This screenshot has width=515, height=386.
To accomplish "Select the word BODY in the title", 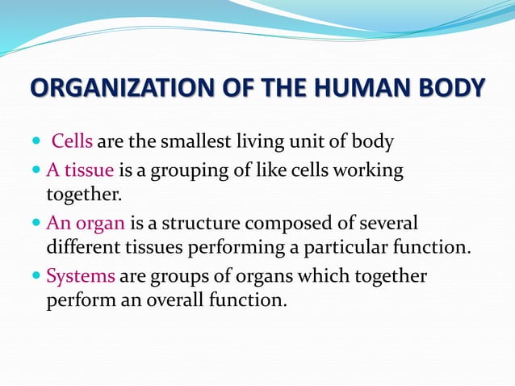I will pos(450,89).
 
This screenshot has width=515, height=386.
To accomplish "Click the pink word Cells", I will pos(72,143).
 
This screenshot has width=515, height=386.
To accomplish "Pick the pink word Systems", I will pos(80,275).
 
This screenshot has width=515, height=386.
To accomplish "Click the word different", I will pos(87,247).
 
